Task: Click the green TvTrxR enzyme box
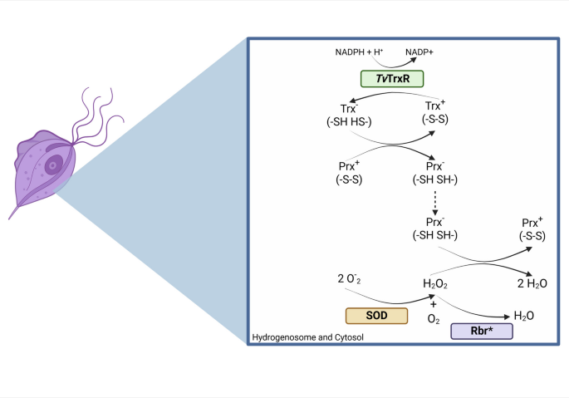392,79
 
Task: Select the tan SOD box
376,316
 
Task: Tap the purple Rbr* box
482,332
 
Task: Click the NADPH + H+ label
359,52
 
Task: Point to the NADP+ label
419,52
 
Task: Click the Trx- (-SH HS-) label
349,115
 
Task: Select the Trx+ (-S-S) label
434,112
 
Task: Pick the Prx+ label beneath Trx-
349,173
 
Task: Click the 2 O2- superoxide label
349,279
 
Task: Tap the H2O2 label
434,283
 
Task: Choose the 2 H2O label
532,283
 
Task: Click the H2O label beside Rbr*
523,316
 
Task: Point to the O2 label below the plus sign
434,319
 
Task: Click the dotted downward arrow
434,203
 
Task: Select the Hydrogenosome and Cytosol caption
307,337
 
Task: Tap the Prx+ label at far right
532,228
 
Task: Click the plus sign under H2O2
434,304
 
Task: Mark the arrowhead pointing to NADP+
414,60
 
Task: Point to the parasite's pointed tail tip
9,219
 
